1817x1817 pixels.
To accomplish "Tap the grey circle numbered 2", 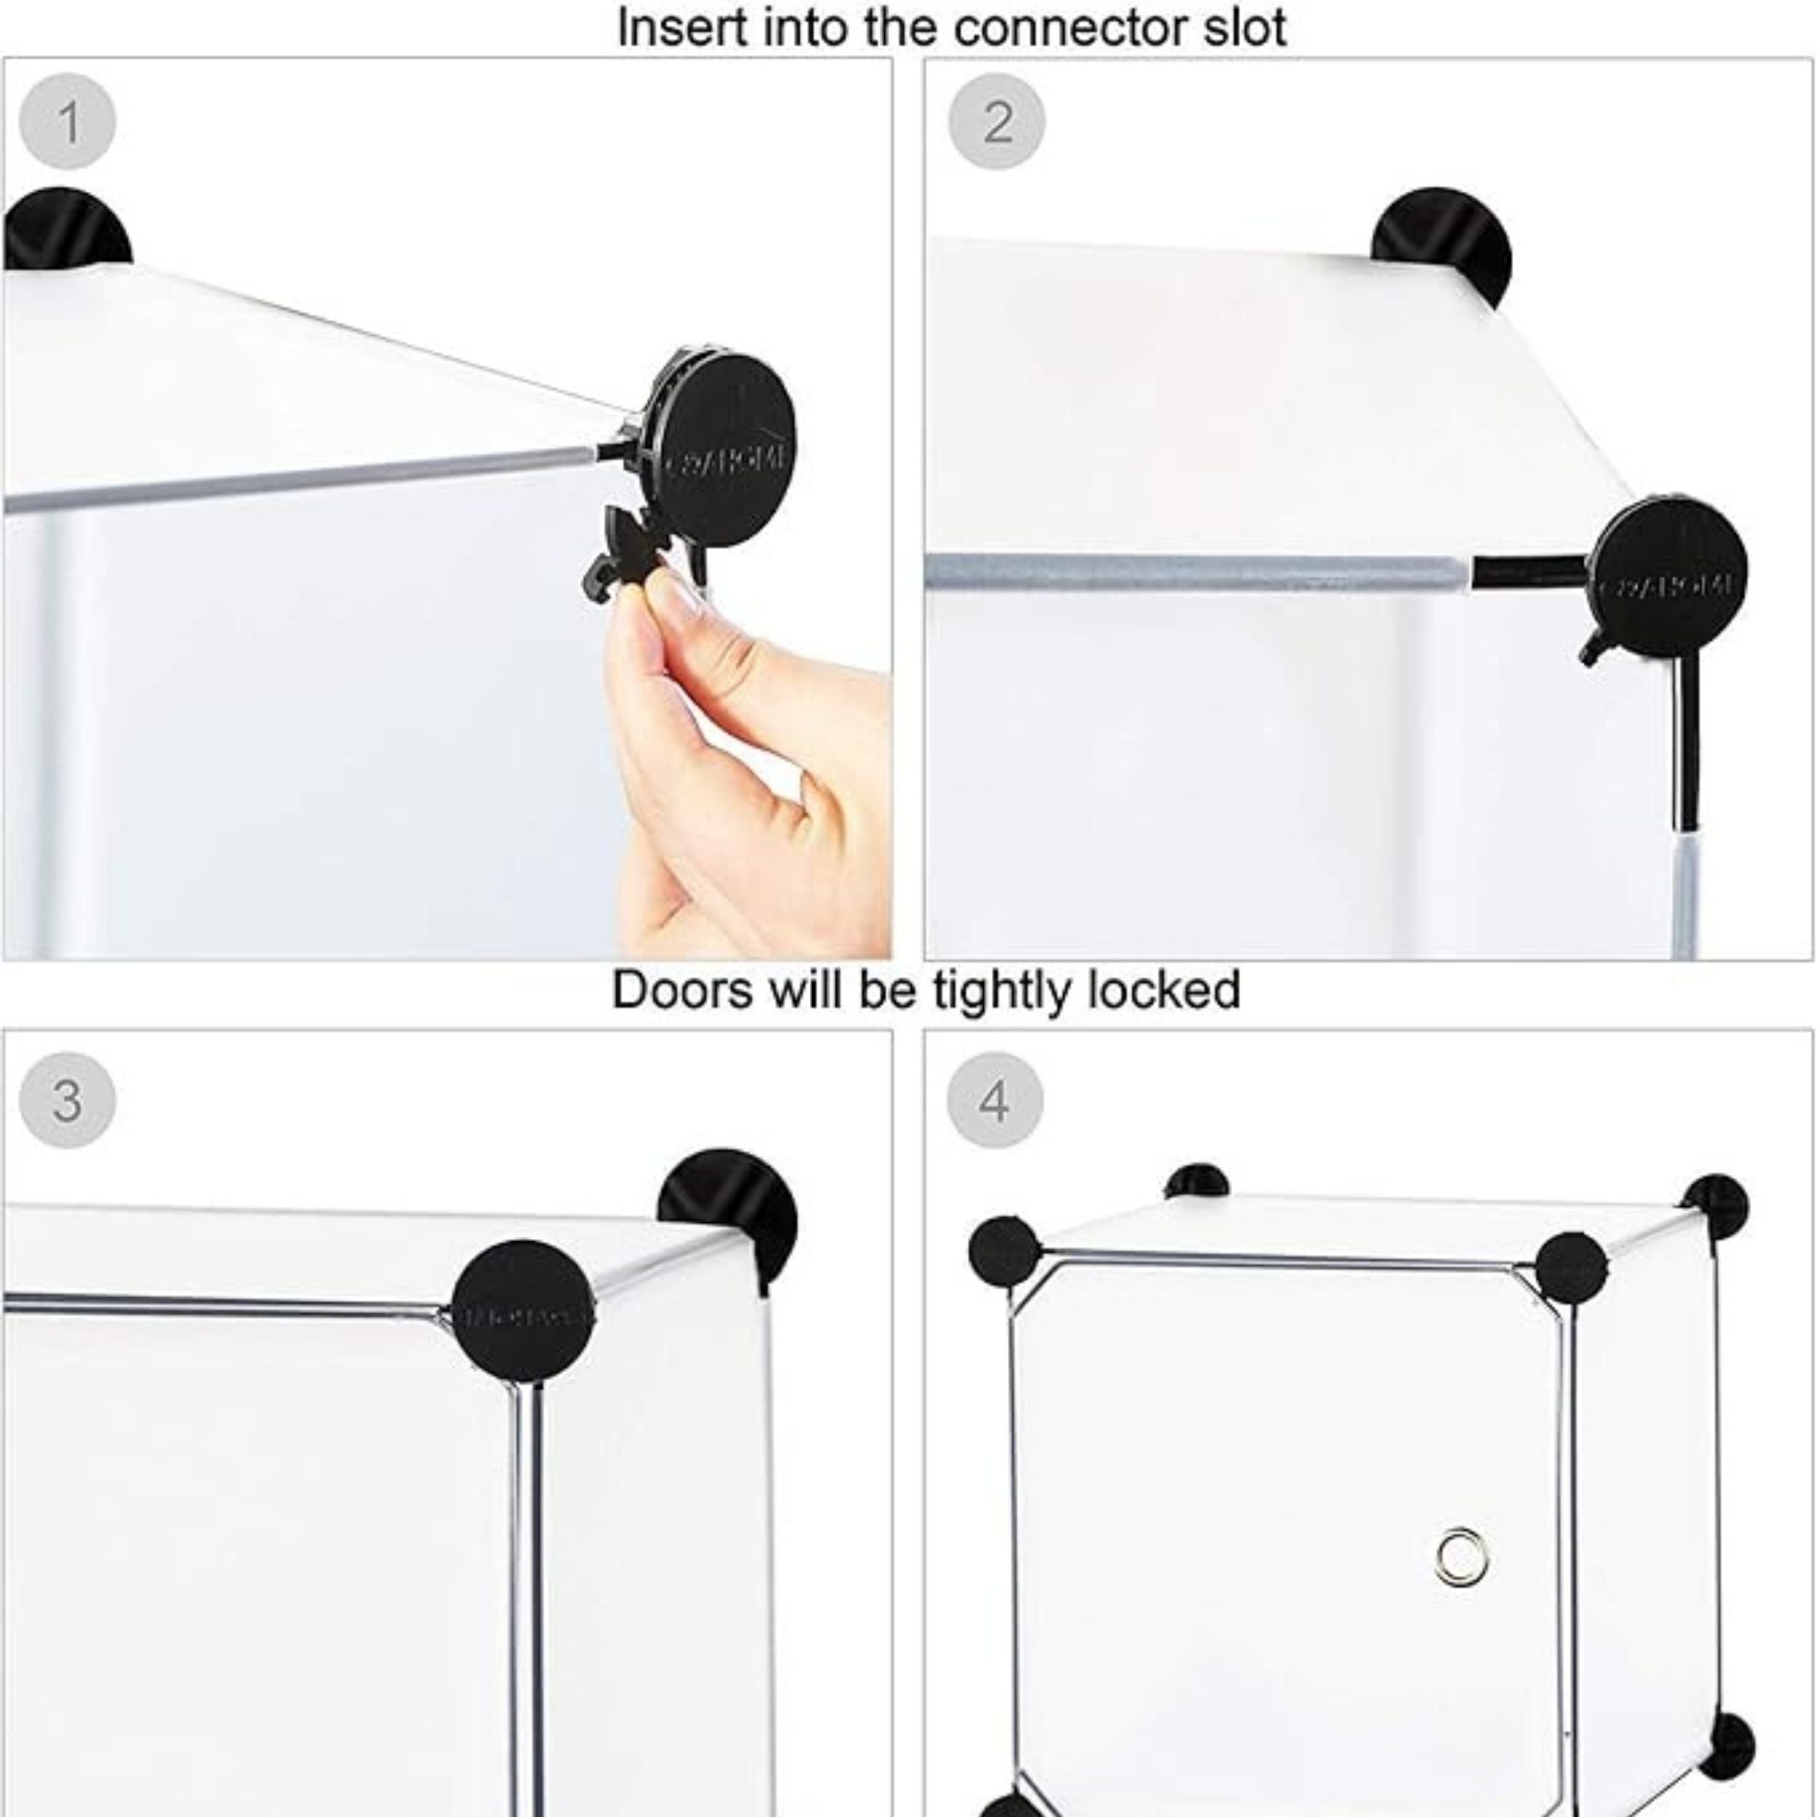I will tap(997, 121).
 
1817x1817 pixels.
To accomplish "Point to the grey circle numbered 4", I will tap(995, 1099).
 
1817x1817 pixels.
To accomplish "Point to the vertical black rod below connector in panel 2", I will tap(1686, 743).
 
